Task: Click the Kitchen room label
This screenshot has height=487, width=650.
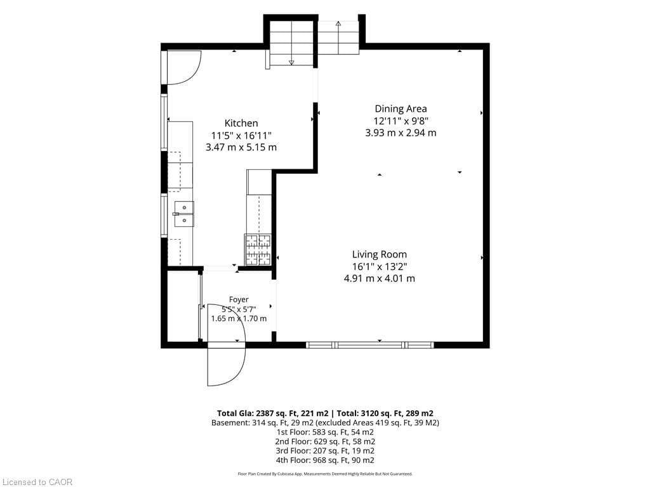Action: point(241,123)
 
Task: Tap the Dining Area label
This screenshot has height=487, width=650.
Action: point(401,109)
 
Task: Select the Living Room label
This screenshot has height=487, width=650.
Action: point(380,254)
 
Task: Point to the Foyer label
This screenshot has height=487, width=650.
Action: point(239,299)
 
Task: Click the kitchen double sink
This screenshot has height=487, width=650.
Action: point(184,214)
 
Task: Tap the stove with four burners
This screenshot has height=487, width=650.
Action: point(258,250)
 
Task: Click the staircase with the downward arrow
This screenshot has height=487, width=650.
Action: point(291,43)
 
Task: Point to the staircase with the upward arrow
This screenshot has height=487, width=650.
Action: point(338,37)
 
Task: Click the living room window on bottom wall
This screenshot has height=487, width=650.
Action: point(370,345)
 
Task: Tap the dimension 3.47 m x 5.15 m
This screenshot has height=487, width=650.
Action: point(241,147)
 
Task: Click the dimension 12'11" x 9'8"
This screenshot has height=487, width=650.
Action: point(401,121)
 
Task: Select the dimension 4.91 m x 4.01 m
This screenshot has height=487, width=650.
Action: point(380,278)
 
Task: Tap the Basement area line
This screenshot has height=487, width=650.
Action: point(325,423)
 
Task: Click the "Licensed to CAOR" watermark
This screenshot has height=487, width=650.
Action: point(37,482)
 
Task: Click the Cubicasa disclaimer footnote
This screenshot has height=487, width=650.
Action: point(325,474)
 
